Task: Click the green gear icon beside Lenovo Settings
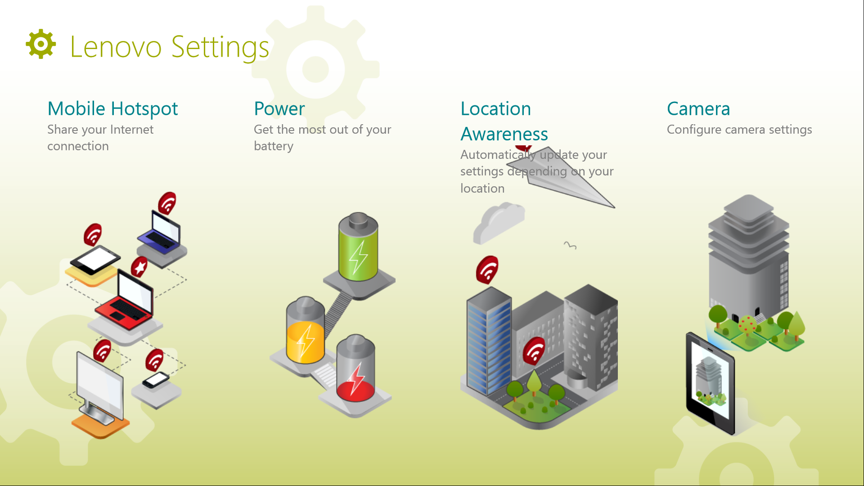point(41,44)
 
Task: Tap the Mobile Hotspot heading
point(112,109)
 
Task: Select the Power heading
point(279,109)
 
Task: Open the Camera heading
point(698,109)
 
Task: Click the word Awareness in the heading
point(504,134)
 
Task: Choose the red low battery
point(355,368)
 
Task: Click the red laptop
point(126,299)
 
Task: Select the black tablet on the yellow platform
point(95,259)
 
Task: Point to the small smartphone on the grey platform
point(156,380)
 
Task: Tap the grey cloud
point(499,223)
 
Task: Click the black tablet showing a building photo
point(711,383)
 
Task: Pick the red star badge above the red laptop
point(139,267)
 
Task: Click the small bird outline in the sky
point(570,245)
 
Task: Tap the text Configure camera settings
point(739,130)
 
